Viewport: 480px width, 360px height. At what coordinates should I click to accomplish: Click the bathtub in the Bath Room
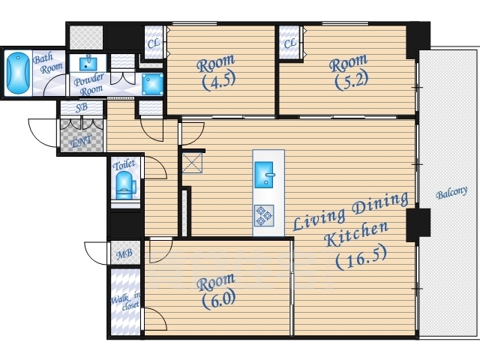pos(18,73)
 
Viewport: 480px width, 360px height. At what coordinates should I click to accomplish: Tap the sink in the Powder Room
pos(88,63)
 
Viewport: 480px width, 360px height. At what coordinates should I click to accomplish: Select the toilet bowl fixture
pos(125,185)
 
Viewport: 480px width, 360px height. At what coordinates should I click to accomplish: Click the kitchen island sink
pos(264,175)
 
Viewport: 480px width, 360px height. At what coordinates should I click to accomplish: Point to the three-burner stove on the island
pos(264,216)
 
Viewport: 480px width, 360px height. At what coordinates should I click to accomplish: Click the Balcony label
pos(451,193)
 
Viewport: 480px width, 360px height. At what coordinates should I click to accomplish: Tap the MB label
pos(125,253)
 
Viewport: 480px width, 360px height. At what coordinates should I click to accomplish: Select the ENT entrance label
pos(81,142)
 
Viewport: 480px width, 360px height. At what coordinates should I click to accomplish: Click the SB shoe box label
pos(82,107)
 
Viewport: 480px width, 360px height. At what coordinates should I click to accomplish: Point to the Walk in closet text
pos(125,301)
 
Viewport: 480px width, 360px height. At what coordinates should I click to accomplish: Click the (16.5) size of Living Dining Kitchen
pos(361,258)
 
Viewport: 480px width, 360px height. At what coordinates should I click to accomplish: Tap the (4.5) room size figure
pos(218,80)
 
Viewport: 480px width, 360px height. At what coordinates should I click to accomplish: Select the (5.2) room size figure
pos(352,79)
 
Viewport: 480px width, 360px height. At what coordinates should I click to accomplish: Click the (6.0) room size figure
pos(218,298)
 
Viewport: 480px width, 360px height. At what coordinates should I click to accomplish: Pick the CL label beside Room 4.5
pos(154,43)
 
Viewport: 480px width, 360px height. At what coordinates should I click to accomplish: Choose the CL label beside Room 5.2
pos(290,43)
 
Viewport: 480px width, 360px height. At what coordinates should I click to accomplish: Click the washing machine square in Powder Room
pos(152,84)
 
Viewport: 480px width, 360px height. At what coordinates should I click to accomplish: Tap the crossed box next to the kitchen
pos(192,163)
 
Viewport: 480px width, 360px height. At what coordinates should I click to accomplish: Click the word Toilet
pos(124,165)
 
